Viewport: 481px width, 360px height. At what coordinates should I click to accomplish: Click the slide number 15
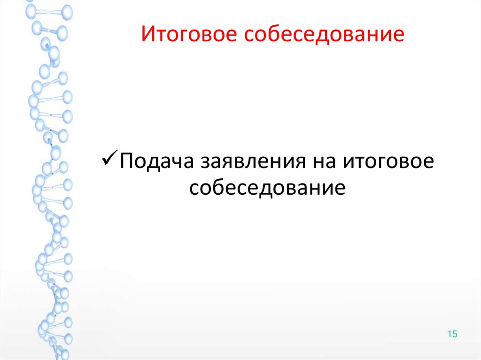(x=452, y=334)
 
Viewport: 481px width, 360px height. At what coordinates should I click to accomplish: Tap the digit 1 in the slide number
(x=450, y=334)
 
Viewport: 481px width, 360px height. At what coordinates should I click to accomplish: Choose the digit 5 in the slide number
(x=455, y=334)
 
